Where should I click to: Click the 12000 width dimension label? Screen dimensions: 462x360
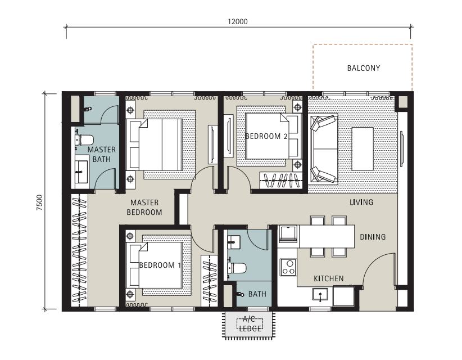coord(238,21)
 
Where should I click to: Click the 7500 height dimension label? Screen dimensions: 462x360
coord(39,202)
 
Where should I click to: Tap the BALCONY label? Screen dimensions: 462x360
coord(364,68)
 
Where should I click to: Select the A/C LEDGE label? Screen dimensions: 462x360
coord(250,324)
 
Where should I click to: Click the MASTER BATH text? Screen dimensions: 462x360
coord(102,154)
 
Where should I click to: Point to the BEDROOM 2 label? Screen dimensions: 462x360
coord(266,136)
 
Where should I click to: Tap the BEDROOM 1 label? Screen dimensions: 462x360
coord(160,265)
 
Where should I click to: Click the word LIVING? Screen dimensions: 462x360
coord(361,202)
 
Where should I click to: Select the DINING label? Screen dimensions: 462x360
coord(373,237)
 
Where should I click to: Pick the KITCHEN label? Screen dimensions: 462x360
coord(329,278)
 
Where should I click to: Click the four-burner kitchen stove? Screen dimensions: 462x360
coord(288,267)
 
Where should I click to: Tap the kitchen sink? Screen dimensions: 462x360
coord(320,295)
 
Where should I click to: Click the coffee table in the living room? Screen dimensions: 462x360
coord(363,149)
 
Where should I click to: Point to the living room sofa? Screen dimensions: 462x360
coord(324,149)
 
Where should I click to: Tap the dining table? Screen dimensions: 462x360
coord(327,236)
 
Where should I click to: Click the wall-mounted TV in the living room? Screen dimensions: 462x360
coord(401,149)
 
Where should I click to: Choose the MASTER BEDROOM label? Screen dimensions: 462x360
coord(144,207)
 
